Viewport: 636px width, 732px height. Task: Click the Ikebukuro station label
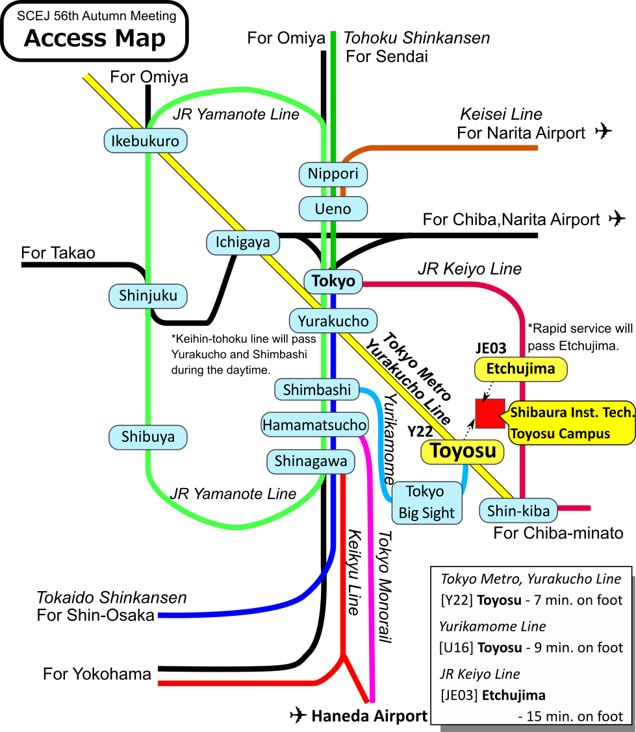pos(146,140)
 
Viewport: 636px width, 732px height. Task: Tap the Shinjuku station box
pos(148,296)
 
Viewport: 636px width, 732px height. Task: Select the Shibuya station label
pos(148,437)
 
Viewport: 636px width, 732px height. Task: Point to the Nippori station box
pos(333,174)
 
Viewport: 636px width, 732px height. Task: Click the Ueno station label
pos(333,209)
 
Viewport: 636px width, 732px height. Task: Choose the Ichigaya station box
pos(243,243)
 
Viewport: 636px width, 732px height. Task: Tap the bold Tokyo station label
pos(333,281)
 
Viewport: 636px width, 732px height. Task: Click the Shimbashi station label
pos(317,389)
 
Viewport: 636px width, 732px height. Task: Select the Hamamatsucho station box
pos(314,425)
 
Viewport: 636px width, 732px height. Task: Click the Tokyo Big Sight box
pos(426,502)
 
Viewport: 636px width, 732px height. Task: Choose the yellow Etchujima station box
pos(521,369)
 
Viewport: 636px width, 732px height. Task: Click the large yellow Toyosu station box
pos(463,451)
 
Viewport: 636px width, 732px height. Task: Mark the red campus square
pos(490,413)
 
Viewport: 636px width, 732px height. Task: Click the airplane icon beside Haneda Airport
pos(298,715)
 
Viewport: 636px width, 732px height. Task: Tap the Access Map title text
pos(95,39)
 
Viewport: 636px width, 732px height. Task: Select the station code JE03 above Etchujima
pos(491,348)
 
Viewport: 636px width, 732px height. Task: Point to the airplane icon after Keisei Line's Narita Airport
pos(604,131)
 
